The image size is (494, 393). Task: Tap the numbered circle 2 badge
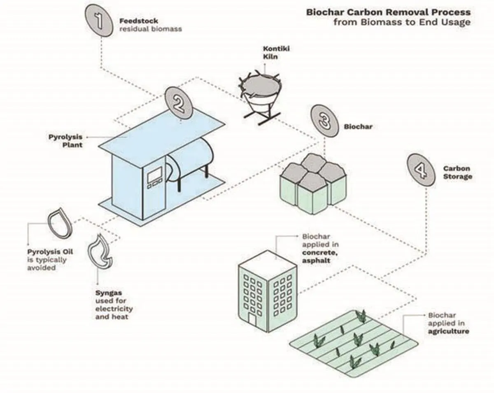click(x=179, y=103)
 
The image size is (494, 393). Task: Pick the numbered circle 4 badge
click(x=420, y=169)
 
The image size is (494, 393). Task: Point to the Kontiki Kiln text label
click(x=271, y=53)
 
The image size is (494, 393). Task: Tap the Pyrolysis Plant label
click(x=66, y=140)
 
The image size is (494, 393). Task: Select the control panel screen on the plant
click(x=154, y=175)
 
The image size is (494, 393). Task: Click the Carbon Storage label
click(x=457, y=172)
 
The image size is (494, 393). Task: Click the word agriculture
click(x=448, y=331)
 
